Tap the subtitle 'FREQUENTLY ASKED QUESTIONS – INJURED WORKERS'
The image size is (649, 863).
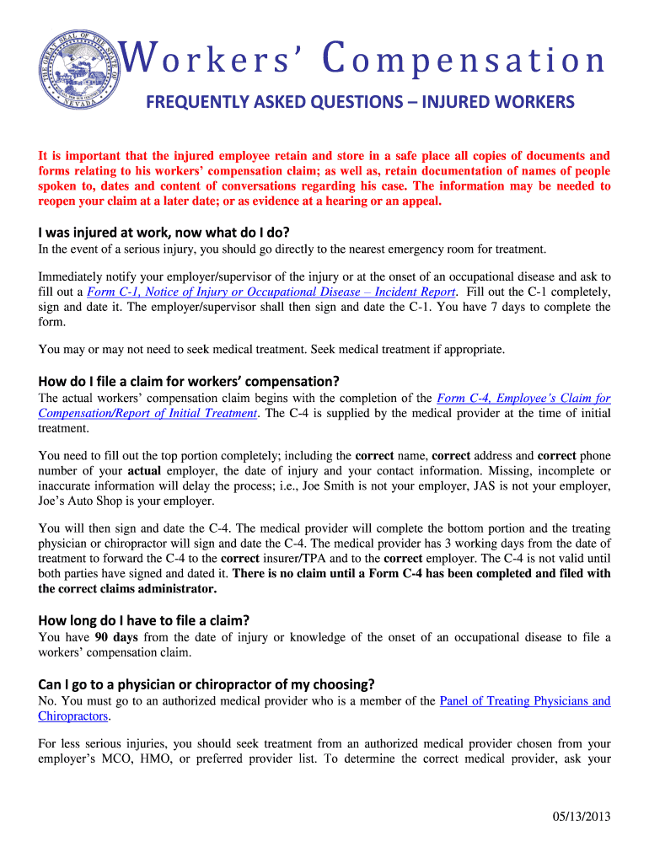coord(360,103)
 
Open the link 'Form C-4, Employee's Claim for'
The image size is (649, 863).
coord(523,398)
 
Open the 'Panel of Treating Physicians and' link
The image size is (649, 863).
coord(525,701)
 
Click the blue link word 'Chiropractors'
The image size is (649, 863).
coord(73,716)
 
